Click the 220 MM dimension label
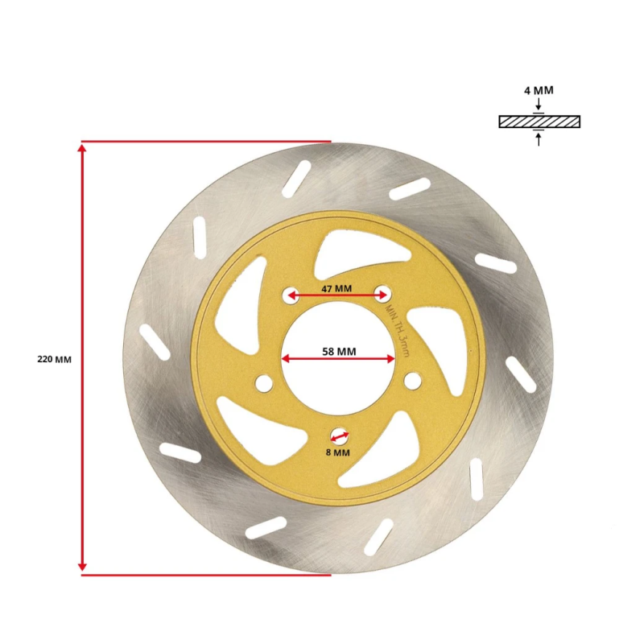click(54, 359)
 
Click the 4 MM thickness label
click(539, 91)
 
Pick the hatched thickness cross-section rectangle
click(539, 122)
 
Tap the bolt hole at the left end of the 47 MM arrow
click(289, 295)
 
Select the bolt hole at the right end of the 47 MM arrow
click(383, 294)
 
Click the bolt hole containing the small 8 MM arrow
click(339, 436)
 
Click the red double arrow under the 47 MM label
click(336, 295)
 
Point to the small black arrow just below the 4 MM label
click(539, 105)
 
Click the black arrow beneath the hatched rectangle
click(539, 138)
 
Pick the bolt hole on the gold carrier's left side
click(262, 384)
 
